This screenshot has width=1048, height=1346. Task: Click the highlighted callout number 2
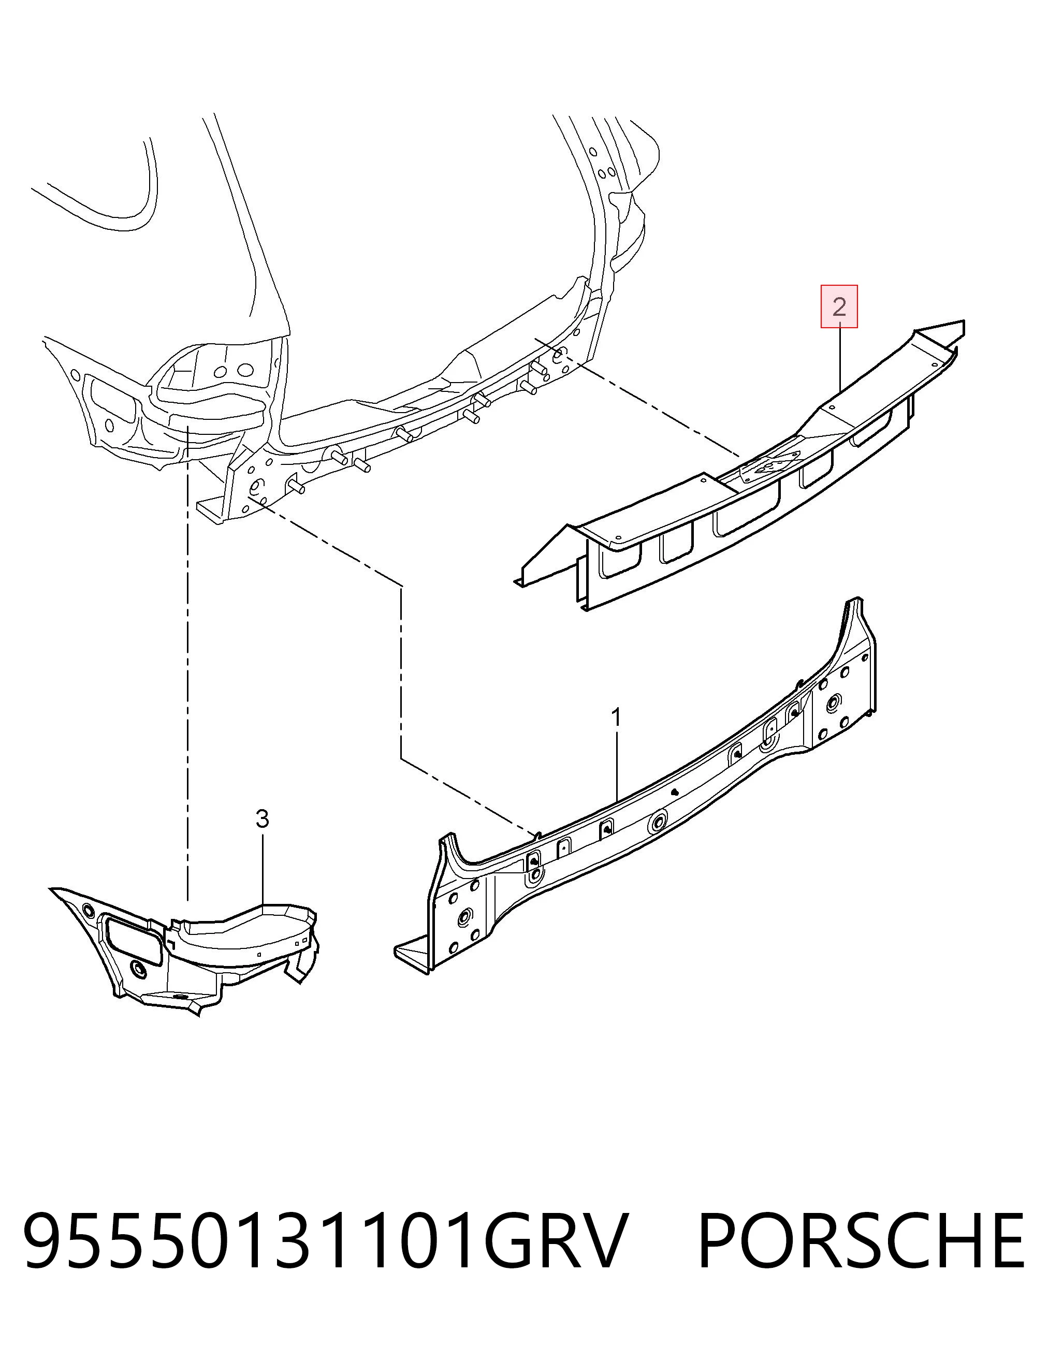(839, 306)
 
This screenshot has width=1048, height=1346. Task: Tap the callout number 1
(615, 718)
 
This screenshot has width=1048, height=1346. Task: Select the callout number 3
(262, 819)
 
